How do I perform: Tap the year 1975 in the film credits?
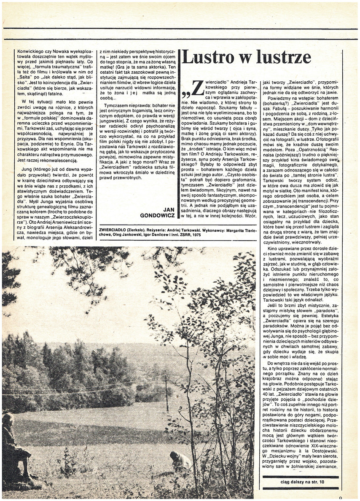tap(194, 235)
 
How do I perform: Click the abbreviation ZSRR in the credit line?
tap(180, 235)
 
